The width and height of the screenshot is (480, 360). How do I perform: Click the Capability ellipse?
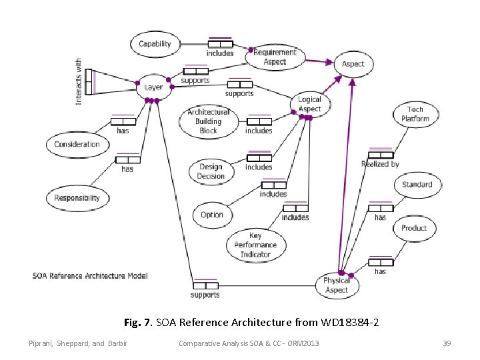pos(155,44)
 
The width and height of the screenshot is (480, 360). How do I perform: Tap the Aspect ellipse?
pos(353,64)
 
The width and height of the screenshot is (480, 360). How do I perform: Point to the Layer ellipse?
pos(153,87)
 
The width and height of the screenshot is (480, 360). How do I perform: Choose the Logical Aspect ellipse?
pos(309,104)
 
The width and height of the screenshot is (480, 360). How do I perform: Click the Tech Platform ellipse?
pos(415,114)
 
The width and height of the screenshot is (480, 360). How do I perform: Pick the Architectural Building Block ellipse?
pos(208,121)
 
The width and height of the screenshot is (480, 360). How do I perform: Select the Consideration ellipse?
pos(77,144)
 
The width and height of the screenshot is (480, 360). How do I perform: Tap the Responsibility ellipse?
pos(77,197)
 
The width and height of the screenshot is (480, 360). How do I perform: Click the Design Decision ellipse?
pos(211,171)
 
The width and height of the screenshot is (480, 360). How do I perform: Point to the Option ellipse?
pos(211,215)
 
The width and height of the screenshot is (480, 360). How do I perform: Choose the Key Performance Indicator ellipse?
pos(255,245)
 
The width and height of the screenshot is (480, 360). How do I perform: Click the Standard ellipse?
pos(417,185)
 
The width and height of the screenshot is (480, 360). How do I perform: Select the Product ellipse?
pos(413,228)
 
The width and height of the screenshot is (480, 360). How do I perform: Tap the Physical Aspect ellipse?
pos(336,285)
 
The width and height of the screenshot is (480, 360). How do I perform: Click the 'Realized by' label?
pos(380,164)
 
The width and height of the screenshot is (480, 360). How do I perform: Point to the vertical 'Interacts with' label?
pos(79,81)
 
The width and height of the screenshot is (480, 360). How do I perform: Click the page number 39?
pos(447,343)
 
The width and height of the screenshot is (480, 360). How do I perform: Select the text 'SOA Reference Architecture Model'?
pos(90,275)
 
